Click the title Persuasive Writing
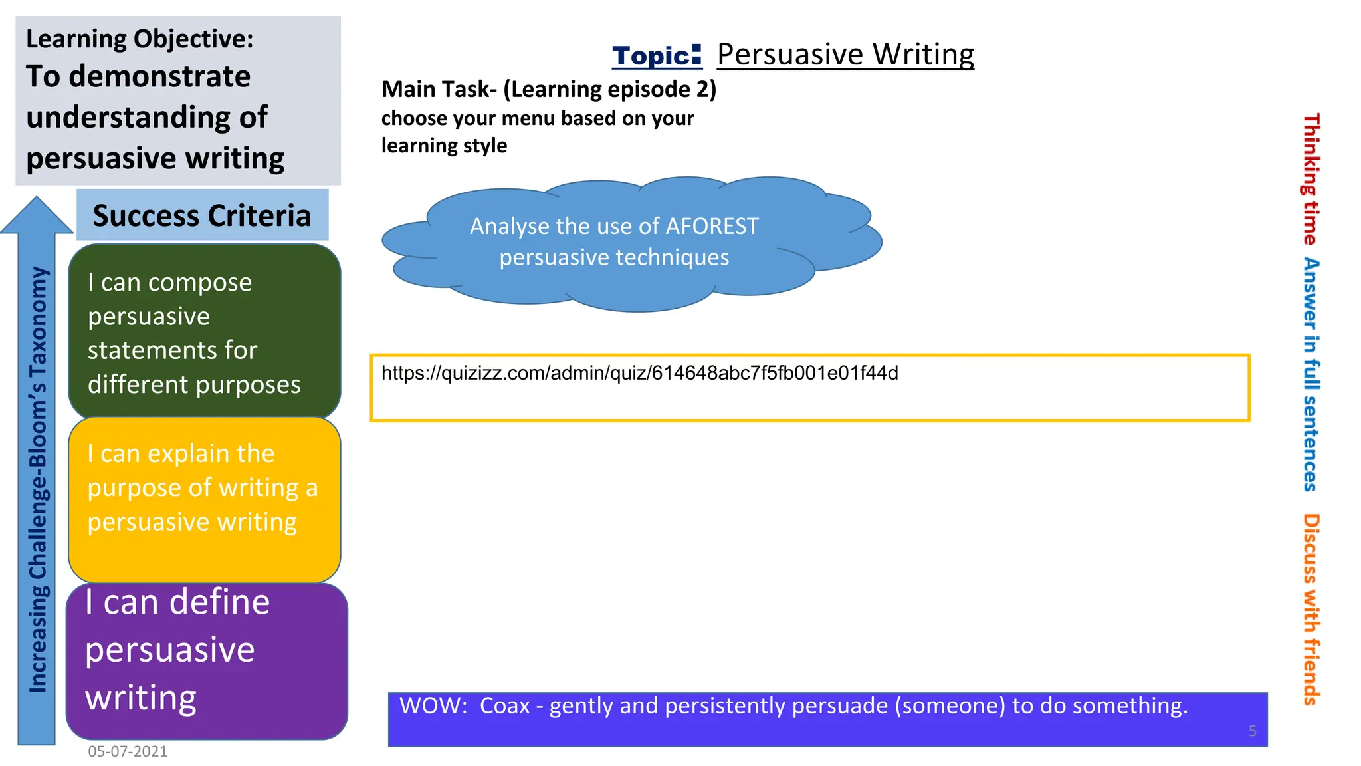pyautogui.click(x=845, y=55)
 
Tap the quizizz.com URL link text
pyautogui.click(x=639, y=373)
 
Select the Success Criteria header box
pyautogui.click(x=202, y=215)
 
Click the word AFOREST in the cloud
pyautogui.click(x=712, y=227)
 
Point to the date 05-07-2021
pyautogui.click(x=128, y=751)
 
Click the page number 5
pyautogui.click(x=1252, y=731)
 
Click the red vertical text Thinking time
pyautogui.click(x=1310, y=179)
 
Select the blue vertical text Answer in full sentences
pyautogui.click(x=1310, y=374)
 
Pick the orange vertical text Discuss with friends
pyautogui.click(x=1310, y=608)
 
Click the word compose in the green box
pyautogui.click(x=199, y=283)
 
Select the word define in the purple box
pyautogui.click(x=219, y=602)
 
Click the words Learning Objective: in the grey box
pyautogui.click(x=140, y=39)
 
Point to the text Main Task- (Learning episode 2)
pyautogui.click(x=549, y=89)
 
